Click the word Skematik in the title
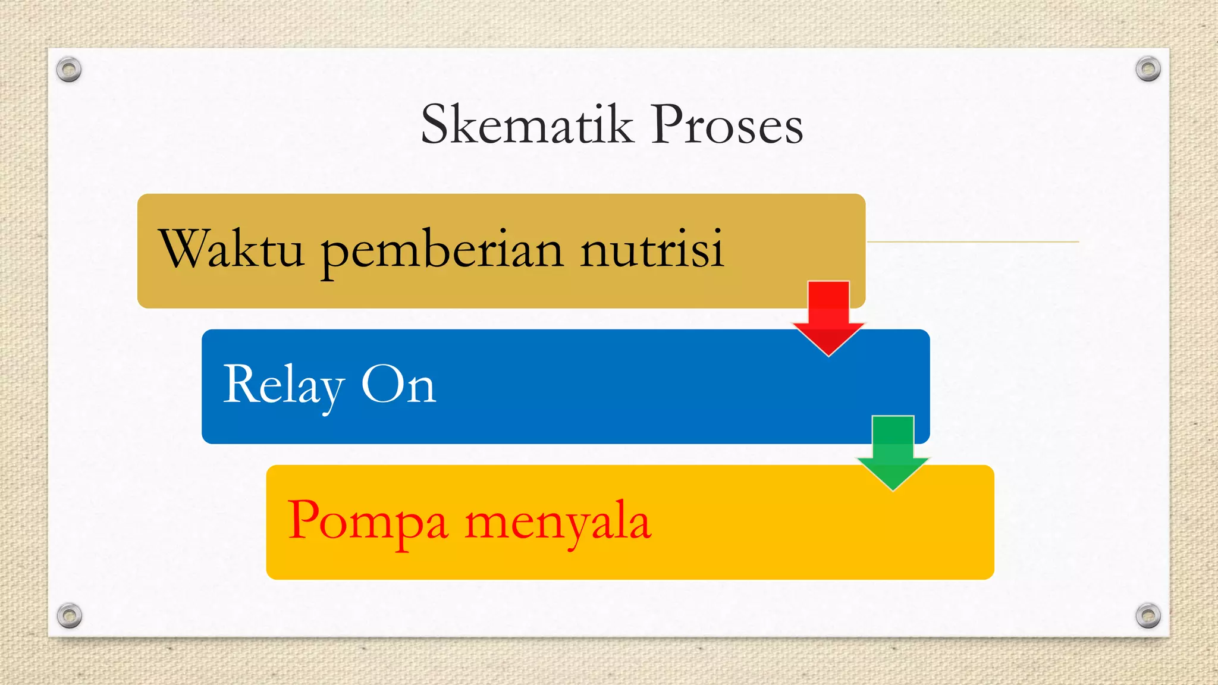[526, 124]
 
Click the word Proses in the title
[727, 124]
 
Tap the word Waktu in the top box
[232, 249]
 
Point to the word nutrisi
[652, 249]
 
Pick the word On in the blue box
[398, 385]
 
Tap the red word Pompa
[367, 521]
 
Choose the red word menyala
[558, 521]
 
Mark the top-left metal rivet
[69, 70]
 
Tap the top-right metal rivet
[1148, 69]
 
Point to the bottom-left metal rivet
[69, 615]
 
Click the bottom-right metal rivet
[1148, 615]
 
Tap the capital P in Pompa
[306, 519]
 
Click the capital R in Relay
[240, 384]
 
